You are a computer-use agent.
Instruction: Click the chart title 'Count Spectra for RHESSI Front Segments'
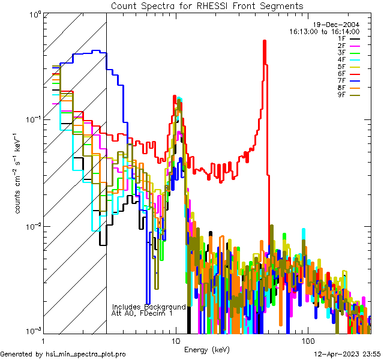[207, 5]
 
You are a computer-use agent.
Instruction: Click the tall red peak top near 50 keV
[265, 41]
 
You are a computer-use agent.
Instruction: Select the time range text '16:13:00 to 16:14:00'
[324, 31]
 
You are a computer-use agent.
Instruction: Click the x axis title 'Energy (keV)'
[207, 349]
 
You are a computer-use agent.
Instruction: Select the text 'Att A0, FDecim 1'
[142, 313]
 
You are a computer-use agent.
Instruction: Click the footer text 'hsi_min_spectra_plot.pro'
[86, 354]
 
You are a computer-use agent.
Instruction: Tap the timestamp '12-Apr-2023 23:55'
[347, 354]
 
